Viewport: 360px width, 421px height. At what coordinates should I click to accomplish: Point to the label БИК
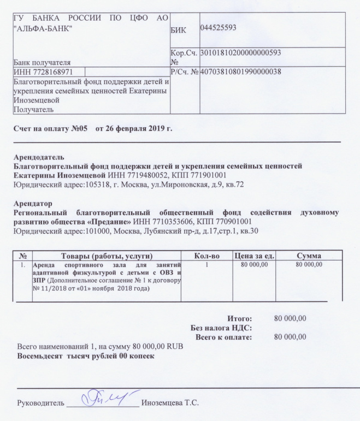tap(178, 31)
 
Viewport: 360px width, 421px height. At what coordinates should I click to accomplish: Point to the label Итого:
tap(239, 318)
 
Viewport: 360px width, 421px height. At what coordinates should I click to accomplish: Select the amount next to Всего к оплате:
tap(290, 337)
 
